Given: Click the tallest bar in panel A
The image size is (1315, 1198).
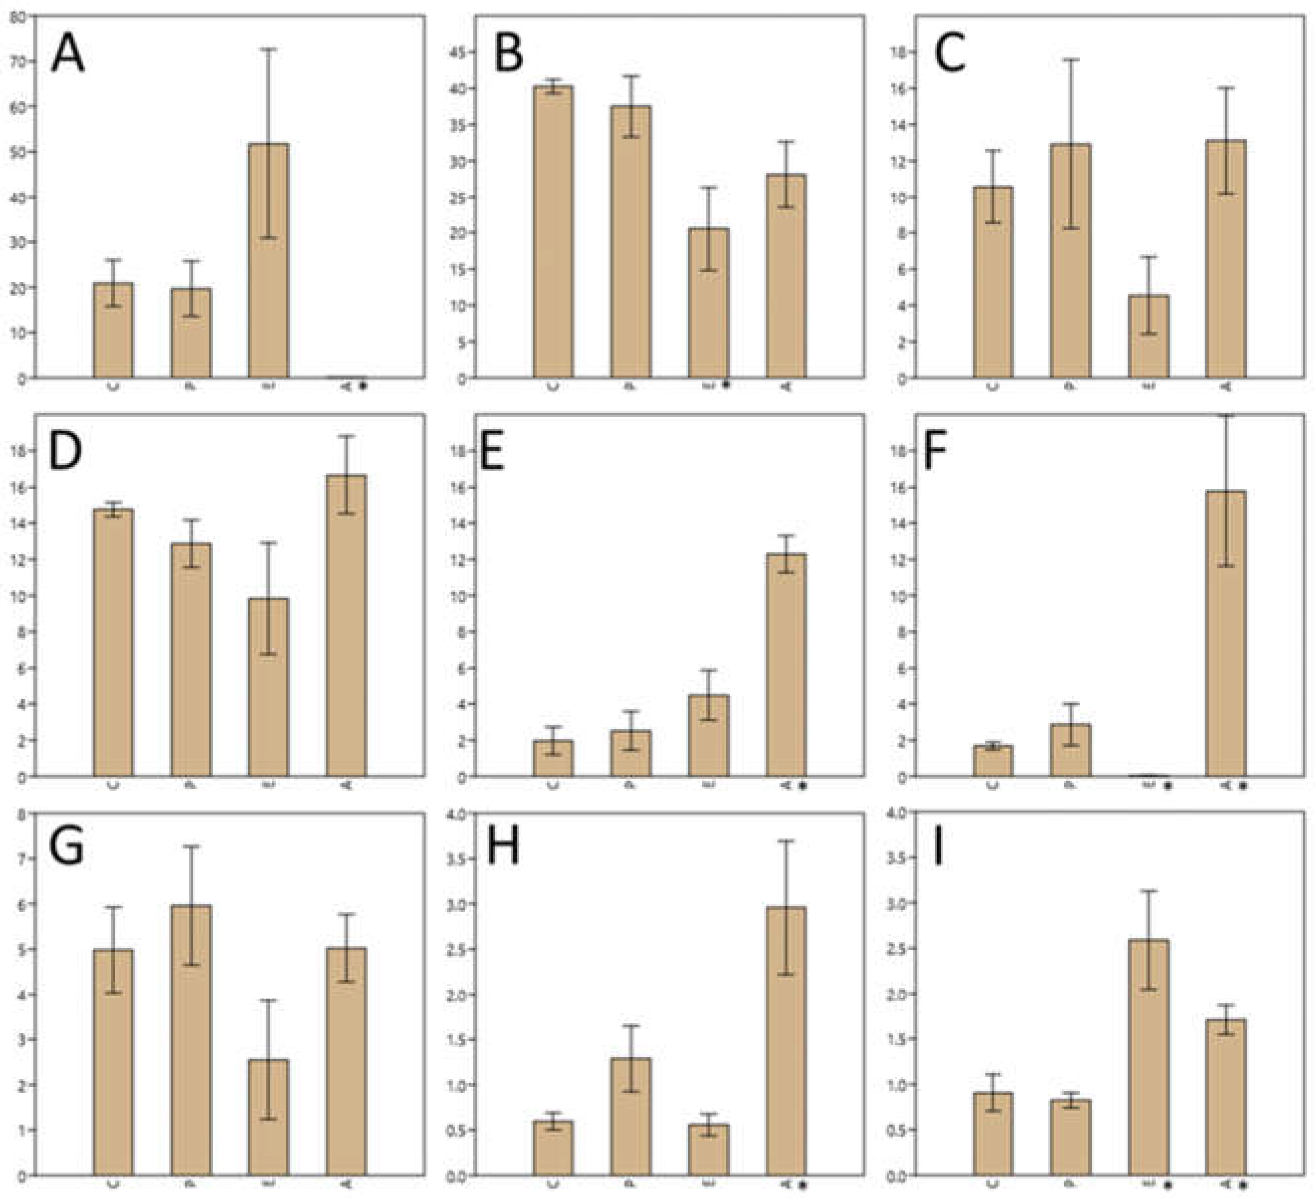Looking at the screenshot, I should pyautogui.click(x=269, y=261).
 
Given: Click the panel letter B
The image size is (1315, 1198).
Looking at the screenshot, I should pyautogui.click(x=509, y=53).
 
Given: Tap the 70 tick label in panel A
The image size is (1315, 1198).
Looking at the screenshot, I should pyautogui.click(x=21, y=62).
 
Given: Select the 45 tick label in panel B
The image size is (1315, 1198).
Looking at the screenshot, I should pyautogui.click(x=460, y=52).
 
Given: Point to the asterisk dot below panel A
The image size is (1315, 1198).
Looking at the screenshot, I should pyautogui.click(x=363, y=386).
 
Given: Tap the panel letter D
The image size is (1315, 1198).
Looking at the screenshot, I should pyautogui.click(x=65, y=451).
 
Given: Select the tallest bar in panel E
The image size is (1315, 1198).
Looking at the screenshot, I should pyautogui.click(x=786, y=665).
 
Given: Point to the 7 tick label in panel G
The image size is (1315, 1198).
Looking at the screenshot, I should pyautogui.click(x=23, y=859).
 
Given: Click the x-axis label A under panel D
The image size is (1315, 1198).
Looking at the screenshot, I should pyautogui.click(x=346, y=785).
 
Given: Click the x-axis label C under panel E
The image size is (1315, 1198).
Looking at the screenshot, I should pyautogui.click(x=553, y=785).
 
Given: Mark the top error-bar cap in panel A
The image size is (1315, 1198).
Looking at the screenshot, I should pyautogui.click(x=269, y=49).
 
